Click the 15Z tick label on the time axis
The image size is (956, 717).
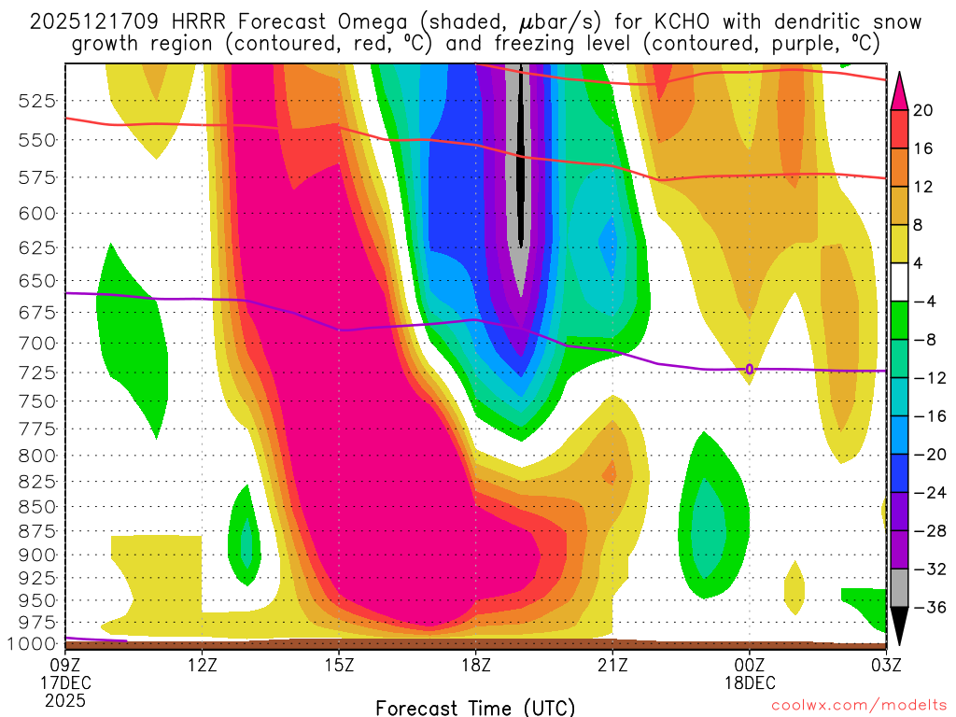coord(339,665)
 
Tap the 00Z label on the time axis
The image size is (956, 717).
coord(749,665)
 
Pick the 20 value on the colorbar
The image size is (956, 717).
coord(924,110)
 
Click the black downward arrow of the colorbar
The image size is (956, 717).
coord(900,627)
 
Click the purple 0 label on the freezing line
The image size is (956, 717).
coord(749,370)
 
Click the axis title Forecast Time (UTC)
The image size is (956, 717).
coord(475,707)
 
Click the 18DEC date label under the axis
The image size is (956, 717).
coord(751,682)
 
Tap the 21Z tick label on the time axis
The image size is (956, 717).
coord(612,665)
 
